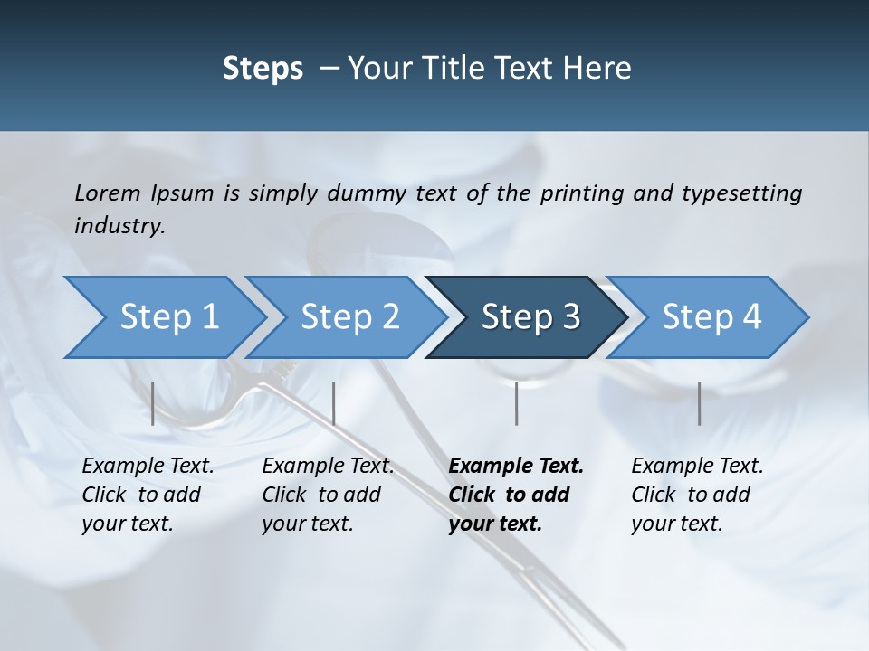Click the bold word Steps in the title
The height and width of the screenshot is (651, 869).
(263, 68)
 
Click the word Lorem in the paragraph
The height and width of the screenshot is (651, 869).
(108, 193)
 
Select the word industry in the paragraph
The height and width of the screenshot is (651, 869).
(119, 226)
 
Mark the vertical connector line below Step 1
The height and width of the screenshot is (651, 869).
(153, 403)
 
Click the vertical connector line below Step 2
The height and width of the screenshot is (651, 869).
(334, 403)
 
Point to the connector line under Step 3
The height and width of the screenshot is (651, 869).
(517, 403)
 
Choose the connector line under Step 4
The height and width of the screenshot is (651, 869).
(699, 403)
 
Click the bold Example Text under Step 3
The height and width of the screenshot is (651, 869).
(516, 467)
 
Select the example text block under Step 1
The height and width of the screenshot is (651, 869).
(148, 495)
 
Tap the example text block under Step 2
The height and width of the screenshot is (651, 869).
(328, 495)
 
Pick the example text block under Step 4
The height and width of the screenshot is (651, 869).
(697, 495)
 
